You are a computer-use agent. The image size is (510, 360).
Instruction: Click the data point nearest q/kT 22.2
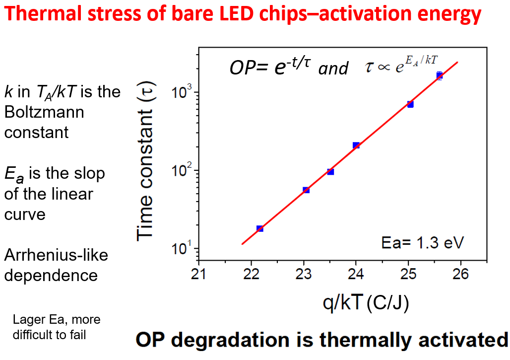click(x=259, y=228)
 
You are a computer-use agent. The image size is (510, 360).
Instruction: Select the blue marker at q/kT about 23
click(x=306, y=190)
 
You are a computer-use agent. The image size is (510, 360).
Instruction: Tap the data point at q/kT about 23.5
click(x=330, y=171)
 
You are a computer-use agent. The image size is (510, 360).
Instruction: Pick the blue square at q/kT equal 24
click(x=356, y=145)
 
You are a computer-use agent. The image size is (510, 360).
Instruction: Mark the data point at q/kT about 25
click(x=410, y=104)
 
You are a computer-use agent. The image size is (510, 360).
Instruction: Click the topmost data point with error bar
click(x=439, y=75)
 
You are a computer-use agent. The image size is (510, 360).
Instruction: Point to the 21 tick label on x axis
click(x=199, y=275)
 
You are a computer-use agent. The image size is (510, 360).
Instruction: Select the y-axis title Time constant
click(x=146, y=162)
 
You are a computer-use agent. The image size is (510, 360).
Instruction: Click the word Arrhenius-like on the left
click(x=56, y=255)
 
